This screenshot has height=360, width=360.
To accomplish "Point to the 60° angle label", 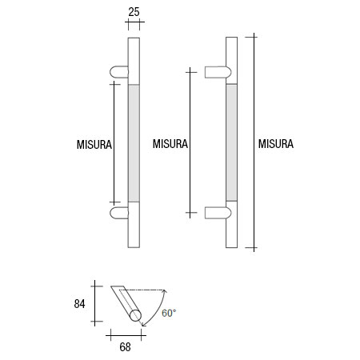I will pos(169,313).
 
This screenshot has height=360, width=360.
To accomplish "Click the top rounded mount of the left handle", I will pos(118,73).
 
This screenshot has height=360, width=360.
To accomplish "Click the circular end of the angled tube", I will pos(136,316).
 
